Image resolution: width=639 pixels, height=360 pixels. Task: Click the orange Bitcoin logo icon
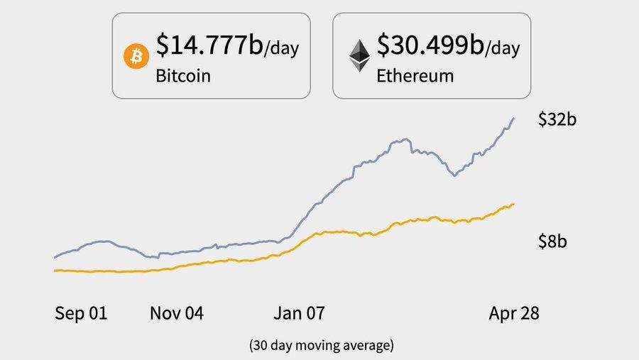pyautogui.click(x=136, y=56)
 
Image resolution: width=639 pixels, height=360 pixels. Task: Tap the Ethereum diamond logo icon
pyautogui.click(x=358, y=55)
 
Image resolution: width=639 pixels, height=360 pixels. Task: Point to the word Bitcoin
pyautogui.click(x=183, y=75)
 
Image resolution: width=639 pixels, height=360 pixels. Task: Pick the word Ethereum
pyautogui.click(x=415, y=75)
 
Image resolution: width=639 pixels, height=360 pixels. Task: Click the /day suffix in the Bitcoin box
pyautogui.click(x=281, y=49)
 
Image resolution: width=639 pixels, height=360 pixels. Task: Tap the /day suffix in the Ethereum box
pyautogui.click(x=502, y=49)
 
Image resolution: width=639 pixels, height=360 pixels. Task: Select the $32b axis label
pyautogui.click(x=557, y=119)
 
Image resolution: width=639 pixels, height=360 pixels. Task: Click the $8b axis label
pyautogui.click(x=552, y=241)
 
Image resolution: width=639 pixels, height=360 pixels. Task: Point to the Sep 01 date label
pyautogui.click(x=81, y=313)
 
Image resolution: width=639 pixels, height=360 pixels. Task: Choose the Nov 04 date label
pyautogui.click(x=176, y=313)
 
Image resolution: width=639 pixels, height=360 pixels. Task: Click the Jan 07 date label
pyautogui.click(x=298, y=313)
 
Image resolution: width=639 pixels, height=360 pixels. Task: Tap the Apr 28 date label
pyautogui.click(x=514, y=313)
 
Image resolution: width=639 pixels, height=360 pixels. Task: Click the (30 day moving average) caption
pyautogui.click(x=321, y=346)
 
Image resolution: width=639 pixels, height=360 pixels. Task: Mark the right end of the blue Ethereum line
pyautogui.click(x=513, y=119)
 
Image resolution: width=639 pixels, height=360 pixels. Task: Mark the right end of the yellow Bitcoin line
pyautogui.click(x=513, y=204)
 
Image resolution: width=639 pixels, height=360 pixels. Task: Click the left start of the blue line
pyautogui.click(x=55, y=257)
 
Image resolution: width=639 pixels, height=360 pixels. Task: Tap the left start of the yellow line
pyautogui.click(x=55, y=271)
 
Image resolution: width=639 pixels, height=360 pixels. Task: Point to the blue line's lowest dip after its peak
pyautogui.click(x=454, y=175)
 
